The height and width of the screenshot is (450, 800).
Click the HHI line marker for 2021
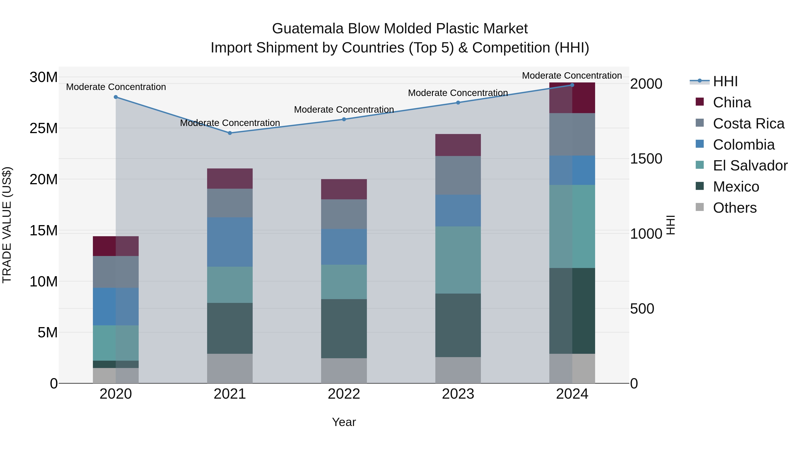point(230,133)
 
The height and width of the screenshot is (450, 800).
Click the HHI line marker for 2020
point(116,97)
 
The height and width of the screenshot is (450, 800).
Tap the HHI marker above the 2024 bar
point(572,85)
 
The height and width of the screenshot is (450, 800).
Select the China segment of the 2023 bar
point(458,145)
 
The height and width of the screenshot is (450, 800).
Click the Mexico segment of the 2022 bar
point(344,329)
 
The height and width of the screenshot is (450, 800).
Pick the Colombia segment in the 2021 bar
point(230,242)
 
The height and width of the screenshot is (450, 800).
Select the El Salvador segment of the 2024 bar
point(572,226)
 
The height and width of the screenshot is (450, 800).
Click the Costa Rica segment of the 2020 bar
point(116,272)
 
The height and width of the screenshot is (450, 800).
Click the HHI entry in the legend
point(725,81)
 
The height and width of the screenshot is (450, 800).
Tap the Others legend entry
point(734,208)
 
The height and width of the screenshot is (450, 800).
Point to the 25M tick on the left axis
point(44,128)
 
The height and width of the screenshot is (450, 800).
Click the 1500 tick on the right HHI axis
point(646,159)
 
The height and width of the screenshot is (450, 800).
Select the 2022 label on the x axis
point(344,394)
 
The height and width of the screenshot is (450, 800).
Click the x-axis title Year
point(344,422)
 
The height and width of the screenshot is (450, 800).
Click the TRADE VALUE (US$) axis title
point(7,225)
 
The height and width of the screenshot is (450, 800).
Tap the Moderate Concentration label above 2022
point(344,110)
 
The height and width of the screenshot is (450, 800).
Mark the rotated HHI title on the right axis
point(671,225)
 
